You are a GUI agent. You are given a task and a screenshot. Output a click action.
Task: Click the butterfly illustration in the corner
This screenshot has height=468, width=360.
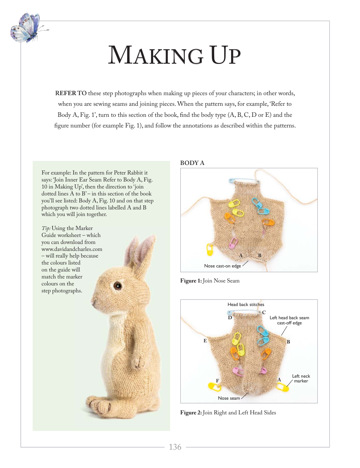(x=26, y=28)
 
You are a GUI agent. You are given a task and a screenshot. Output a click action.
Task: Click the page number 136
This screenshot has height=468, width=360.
(x=175, y=447)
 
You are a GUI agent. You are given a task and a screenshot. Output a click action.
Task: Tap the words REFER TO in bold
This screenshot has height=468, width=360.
(x=71, y=93)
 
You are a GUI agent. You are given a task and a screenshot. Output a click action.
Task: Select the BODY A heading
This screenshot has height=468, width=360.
(x=192, y=163)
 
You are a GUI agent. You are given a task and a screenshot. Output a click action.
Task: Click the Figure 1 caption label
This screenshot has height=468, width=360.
(x=191, y=281)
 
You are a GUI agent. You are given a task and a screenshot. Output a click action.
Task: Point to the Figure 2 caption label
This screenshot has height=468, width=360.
(x=191, y=413)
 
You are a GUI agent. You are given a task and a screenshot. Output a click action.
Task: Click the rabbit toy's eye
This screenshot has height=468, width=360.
(x=118, y=285)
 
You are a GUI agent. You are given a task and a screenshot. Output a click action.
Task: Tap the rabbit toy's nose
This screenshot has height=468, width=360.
(x=93, y=302)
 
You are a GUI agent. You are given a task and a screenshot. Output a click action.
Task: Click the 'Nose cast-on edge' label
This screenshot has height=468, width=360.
(x=223, y=266)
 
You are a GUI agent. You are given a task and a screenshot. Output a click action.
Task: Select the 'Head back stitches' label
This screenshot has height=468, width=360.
(x=246, y=305)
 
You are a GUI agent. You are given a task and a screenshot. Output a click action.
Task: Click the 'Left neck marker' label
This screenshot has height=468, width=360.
(x=301, y=378)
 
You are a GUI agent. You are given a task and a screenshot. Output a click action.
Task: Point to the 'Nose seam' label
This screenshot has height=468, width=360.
(x=229, y=398)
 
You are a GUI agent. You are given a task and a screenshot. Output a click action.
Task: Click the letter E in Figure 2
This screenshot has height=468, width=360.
(x=205, y=341)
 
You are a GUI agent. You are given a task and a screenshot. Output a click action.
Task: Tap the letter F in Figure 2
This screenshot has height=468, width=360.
(x=217, y=381)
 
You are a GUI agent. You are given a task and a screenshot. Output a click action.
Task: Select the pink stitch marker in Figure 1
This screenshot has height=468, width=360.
(x=233, y=243)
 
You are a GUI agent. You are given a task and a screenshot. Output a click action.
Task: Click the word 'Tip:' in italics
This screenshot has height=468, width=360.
(x=46, y=228)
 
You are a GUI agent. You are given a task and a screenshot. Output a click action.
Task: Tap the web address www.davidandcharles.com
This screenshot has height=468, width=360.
(x=72, y=249)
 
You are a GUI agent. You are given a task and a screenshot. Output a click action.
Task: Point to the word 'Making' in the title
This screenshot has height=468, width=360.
(x=155, y=56)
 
